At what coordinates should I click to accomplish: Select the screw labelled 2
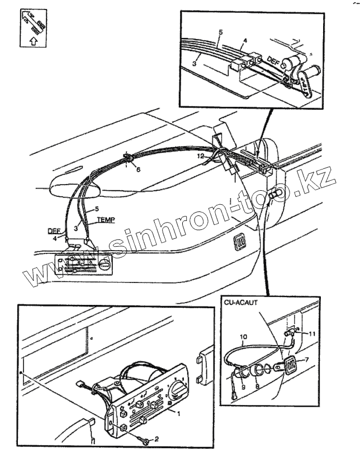click(x=145, y=441)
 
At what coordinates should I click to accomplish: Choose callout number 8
click(x=257, y=385)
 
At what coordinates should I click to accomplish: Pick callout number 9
click(x=243, y=386)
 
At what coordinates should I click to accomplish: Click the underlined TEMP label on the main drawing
click(x=105, y=220)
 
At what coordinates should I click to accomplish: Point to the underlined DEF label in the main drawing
click(x=53, y=230)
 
